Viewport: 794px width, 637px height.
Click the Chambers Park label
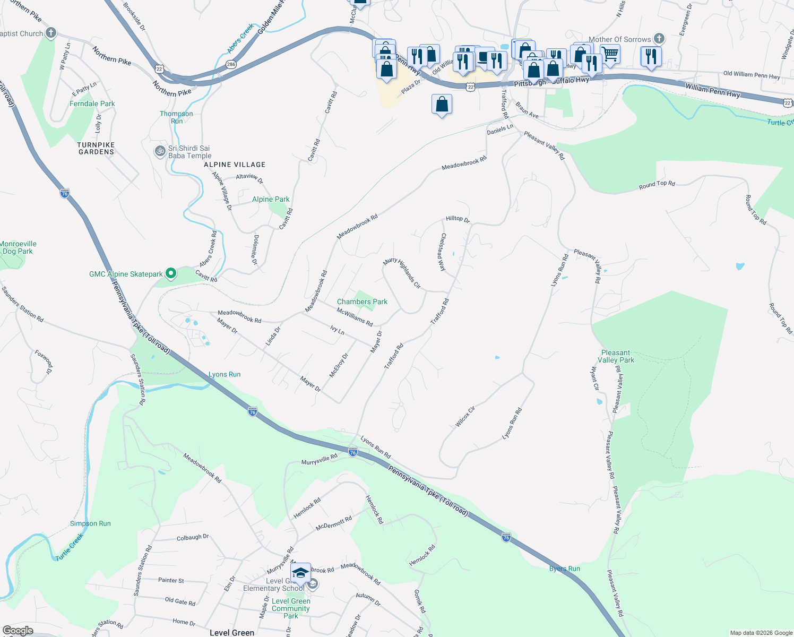(362, 302)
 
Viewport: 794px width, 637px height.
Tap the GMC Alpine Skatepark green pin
(170, 274)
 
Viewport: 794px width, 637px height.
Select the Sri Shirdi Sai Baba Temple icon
(160, 151)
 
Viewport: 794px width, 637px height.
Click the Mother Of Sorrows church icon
(659, 39)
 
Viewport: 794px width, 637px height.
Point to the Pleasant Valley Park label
(616, 356)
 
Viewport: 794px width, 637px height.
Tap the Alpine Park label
(271, 199)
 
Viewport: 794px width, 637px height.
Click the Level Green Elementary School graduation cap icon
(300, 573)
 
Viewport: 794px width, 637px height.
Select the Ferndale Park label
(92, 104)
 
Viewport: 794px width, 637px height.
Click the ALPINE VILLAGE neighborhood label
(234, 165)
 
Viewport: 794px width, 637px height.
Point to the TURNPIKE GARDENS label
(96, 148)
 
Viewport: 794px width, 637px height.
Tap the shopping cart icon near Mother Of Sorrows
(610, 54)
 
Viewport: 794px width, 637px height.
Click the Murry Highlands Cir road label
(402, 273)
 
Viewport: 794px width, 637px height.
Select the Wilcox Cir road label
(465, 417)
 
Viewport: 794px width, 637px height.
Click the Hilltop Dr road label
(458, 219)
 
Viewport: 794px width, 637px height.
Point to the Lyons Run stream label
(224, 374)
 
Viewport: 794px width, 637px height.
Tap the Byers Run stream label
(564, 569)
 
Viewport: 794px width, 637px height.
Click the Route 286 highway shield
(230, 65)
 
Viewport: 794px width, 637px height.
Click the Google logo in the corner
(18, 631)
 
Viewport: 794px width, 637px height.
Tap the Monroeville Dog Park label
(18, 247)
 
